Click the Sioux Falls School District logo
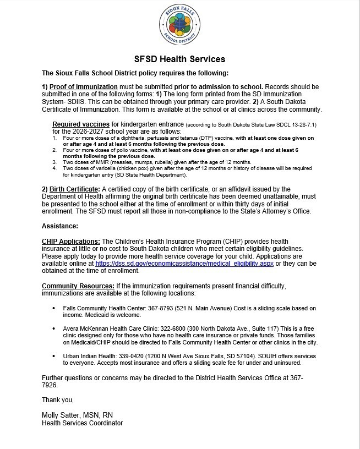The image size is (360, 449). pos(180,26)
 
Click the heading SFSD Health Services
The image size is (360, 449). pos(180,59)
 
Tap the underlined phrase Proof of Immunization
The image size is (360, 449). pos(83,87)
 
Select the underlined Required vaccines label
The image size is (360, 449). pos(78,125)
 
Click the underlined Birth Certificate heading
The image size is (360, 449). pos(70,189)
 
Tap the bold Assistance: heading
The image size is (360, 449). pos(60,226)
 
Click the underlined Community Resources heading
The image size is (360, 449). pos(79,286)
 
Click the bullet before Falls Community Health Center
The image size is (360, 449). pos(53,308)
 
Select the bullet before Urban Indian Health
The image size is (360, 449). pos(53,356)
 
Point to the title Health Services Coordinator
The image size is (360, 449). pos(83,423)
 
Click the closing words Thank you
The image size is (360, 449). pos(58,399)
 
